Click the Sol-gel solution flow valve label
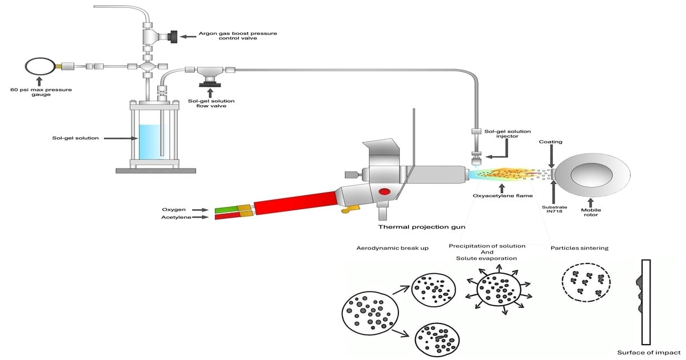tap(210, 103)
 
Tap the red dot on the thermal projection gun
tap(385, 191)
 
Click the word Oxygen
tap(174, 210)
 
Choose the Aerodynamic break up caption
tap(392, 249)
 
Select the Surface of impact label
tap(649, 352)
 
